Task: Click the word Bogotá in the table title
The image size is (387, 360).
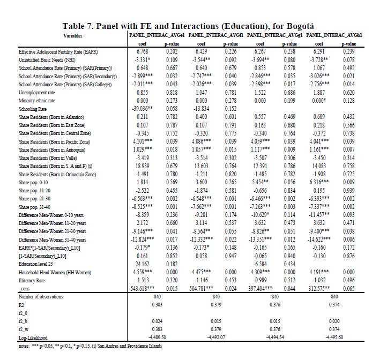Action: coord(295,26)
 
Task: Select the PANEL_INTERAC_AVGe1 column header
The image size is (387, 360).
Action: coord(154,35)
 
